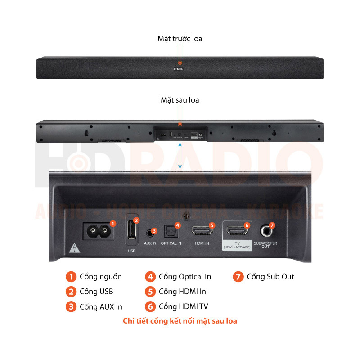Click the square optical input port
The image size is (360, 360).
(x=171, y=231)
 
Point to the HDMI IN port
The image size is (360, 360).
(x=202, y=231)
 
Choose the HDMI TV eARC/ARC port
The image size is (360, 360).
(x=236, y=231)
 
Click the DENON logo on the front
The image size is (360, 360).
(x=180, y=69)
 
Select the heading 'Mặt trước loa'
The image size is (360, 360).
(x=180, y=39)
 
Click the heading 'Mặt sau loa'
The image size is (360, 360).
(x=180, y=99)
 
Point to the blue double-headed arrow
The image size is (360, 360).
(x=180, y=156)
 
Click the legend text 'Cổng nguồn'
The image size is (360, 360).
(x=100, y=277)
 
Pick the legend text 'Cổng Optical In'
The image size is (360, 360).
(x=184, y=277)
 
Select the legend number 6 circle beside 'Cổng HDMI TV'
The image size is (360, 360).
(x=150, y=306)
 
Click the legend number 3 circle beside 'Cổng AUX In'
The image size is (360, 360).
(x=71, y=306)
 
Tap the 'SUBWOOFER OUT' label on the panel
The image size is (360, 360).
(x=265, y=245)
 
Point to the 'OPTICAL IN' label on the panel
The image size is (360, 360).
(x=171, y=243)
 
